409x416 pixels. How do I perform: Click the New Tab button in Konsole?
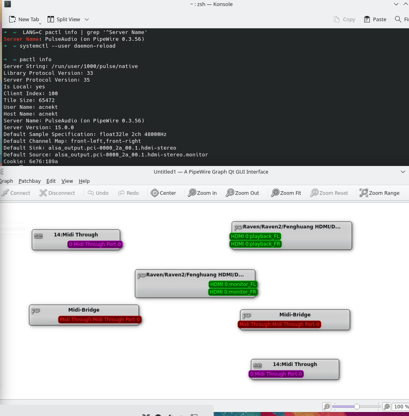24,19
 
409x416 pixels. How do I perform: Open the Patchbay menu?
30,181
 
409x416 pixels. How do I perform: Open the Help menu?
84,181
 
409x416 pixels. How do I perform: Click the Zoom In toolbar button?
202,193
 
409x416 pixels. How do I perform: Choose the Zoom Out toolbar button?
242,193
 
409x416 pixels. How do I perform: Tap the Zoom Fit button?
286,193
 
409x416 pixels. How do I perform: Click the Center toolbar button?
163,193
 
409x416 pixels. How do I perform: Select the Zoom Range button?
379,193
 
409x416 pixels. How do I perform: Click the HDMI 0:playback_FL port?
255,236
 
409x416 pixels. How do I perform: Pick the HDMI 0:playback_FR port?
255,244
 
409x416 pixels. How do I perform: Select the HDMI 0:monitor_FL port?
233,284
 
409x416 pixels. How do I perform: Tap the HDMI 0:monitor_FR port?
233,292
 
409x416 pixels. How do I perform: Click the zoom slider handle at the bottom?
357,406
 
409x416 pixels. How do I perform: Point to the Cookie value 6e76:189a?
44,161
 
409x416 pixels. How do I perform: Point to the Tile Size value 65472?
47,100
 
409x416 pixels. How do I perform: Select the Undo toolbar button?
98,193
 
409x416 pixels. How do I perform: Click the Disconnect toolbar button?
57,193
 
